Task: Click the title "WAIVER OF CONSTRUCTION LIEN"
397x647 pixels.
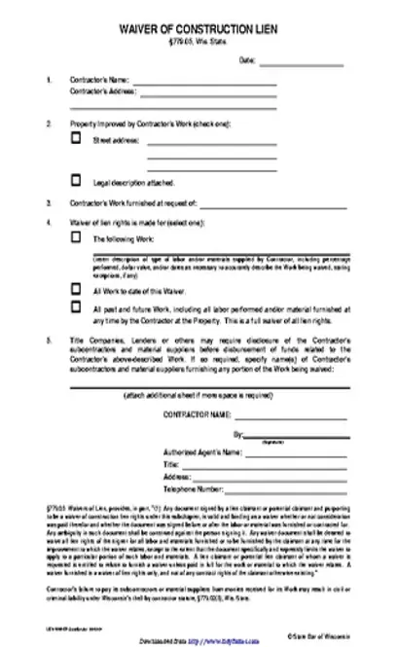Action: (198, 30)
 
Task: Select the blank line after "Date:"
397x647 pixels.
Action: (296, 62)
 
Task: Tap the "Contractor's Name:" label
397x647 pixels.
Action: (99, 78)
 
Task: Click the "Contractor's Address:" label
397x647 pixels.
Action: (102, 90)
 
